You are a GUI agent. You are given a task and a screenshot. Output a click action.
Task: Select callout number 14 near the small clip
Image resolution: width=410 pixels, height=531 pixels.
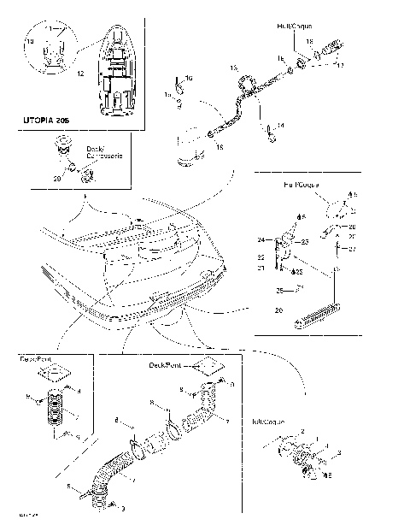281,125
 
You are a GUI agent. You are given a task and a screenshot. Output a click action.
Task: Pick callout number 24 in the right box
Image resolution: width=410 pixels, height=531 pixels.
262,239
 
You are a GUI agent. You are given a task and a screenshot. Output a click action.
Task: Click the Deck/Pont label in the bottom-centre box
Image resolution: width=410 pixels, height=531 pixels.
166,364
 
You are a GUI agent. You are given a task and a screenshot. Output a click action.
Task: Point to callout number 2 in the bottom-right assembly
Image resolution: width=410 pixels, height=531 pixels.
300,434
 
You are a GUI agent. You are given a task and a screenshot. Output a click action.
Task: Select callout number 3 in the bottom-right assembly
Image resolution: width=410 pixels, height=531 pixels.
340,451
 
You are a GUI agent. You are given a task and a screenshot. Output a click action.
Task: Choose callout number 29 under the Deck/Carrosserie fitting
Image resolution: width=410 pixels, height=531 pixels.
57,179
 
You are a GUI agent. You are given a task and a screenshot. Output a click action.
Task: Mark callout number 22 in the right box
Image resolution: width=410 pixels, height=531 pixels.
262,256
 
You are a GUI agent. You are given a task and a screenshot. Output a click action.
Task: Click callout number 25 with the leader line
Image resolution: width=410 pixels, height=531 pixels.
279,290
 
